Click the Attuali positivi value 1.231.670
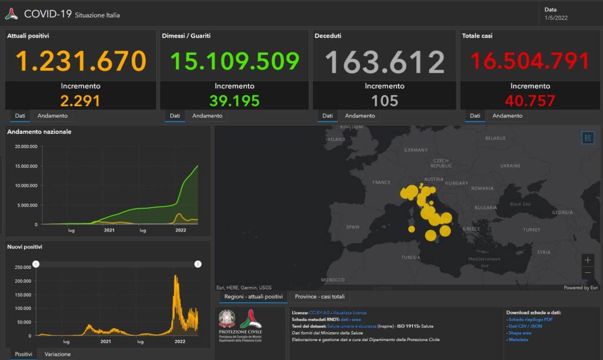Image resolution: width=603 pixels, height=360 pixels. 81,61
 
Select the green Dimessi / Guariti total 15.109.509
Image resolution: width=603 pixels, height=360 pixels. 234,61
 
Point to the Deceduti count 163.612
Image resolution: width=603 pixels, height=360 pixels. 385,62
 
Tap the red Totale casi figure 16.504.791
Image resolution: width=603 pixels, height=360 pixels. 529,61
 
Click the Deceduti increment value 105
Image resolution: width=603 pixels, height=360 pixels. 385,101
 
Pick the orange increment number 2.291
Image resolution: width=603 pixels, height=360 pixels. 80,101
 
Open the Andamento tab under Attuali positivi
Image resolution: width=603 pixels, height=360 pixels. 53,116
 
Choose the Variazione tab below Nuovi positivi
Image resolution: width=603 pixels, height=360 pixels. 58,354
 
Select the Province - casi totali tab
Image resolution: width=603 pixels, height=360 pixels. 320,296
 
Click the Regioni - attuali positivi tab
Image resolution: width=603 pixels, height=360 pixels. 253,296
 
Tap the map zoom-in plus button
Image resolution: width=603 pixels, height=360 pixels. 587,260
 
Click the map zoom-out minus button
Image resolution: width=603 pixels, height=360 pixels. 587,273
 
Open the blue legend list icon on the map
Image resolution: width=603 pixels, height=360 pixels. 588,138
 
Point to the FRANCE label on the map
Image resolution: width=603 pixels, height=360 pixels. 382,183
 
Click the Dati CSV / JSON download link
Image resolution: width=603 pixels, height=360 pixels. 525,326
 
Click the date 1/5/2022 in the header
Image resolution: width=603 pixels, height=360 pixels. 556,18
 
